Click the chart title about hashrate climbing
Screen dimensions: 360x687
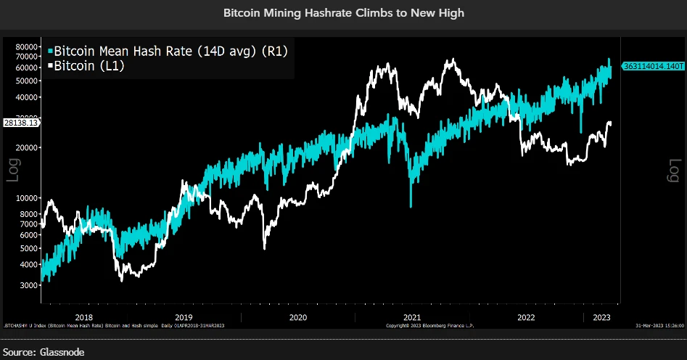[x=343, y=13]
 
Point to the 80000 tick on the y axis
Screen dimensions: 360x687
[x=26, y=46]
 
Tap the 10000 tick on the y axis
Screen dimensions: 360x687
[x=26, y=197]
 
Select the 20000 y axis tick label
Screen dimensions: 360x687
[x=26, y=147]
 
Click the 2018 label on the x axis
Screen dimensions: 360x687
[x=84, y=316]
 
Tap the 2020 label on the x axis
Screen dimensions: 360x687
[x=298, y=316]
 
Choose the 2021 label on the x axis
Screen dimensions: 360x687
[x=412, y=316]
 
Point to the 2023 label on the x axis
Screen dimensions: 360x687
[x=601, y=316]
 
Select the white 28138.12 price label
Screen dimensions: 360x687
[x=20, y=123]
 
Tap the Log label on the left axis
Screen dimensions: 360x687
[x=13, y=169]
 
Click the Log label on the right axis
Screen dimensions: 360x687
[x=673, y=169]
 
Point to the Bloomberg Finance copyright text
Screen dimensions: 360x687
[x=429, y=326]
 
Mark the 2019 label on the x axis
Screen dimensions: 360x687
[x=184, y=316]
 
